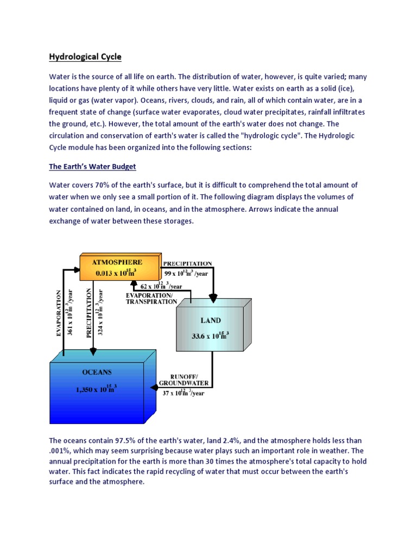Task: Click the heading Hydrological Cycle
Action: click(86, 56)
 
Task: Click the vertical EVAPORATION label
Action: click(59, 312)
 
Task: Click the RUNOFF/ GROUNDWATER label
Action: click(184, 379)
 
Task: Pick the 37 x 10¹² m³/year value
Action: click(184, 393)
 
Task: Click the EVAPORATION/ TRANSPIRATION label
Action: click(151, 298)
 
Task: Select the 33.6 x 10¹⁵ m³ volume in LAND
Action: click(210, 336)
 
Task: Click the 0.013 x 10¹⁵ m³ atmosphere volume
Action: click(118, 273)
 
